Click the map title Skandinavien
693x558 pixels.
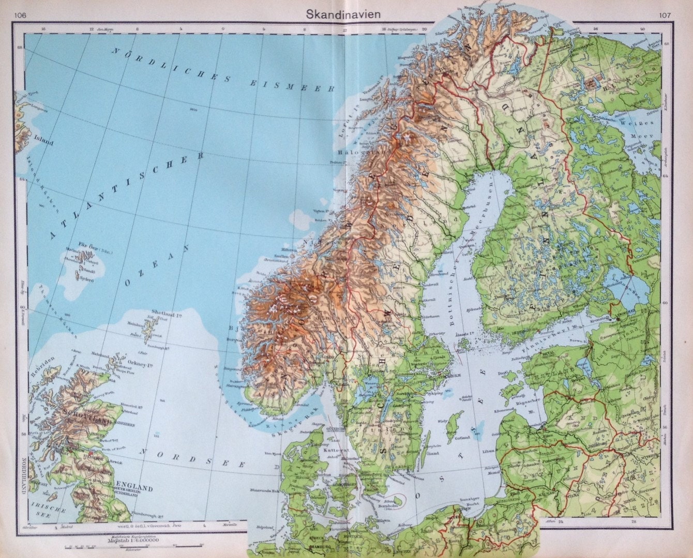coord(346,14)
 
